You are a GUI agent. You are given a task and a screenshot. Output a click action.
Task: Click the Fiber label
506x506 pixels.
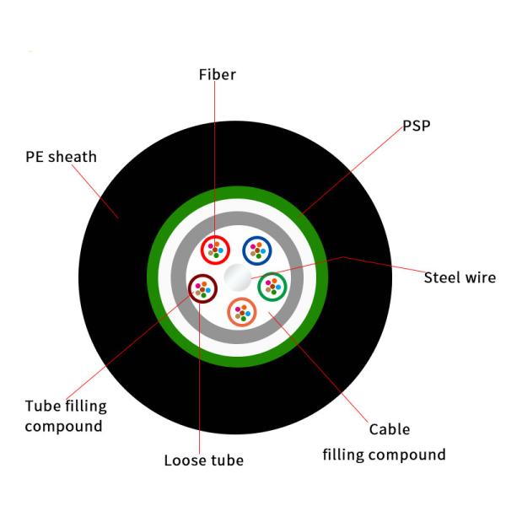(x=217, y=74)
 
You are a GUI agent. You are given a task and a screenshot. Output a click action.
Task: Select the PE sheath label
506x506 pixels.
(x=61, y=157)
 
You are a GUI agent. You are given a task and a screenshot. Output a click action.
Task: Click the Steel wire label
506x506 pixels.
(x=460, y=277)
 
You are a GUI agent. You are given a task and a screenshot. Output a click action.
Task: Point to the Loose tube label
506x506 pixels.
(x=203, y=460)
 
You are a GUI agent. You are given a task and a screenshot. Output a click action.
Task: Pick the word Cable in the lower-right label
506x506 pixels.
(x=389, y=429)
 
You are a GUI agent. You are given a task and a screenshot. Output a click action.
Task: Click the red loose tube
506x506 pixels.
(x=216, y=250)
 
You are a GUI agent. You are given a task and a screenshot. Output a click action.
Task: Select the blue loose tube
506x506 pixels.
(x=256, y=250)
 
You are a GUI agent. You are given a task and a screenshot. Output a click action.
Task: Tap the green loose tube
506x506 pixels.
(x=272, y=288)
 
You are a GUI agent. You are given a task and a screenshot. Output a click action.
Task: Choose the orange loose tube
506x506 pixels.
(x=243, y=313)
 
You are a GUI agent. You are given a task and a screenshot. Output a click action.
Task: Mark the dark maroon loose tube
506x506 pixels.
(x=202, y=288)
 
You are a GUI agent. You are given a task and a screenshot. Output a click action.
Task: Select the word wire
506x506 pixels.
(x=480, y=277)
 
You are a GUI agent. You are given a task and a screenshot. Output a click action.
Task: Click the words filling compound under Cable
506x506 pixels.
(x=385, y=455)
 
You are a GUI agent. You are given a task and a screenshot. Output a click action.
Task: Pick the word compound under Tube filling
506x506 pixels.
(x=63, y=426)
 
